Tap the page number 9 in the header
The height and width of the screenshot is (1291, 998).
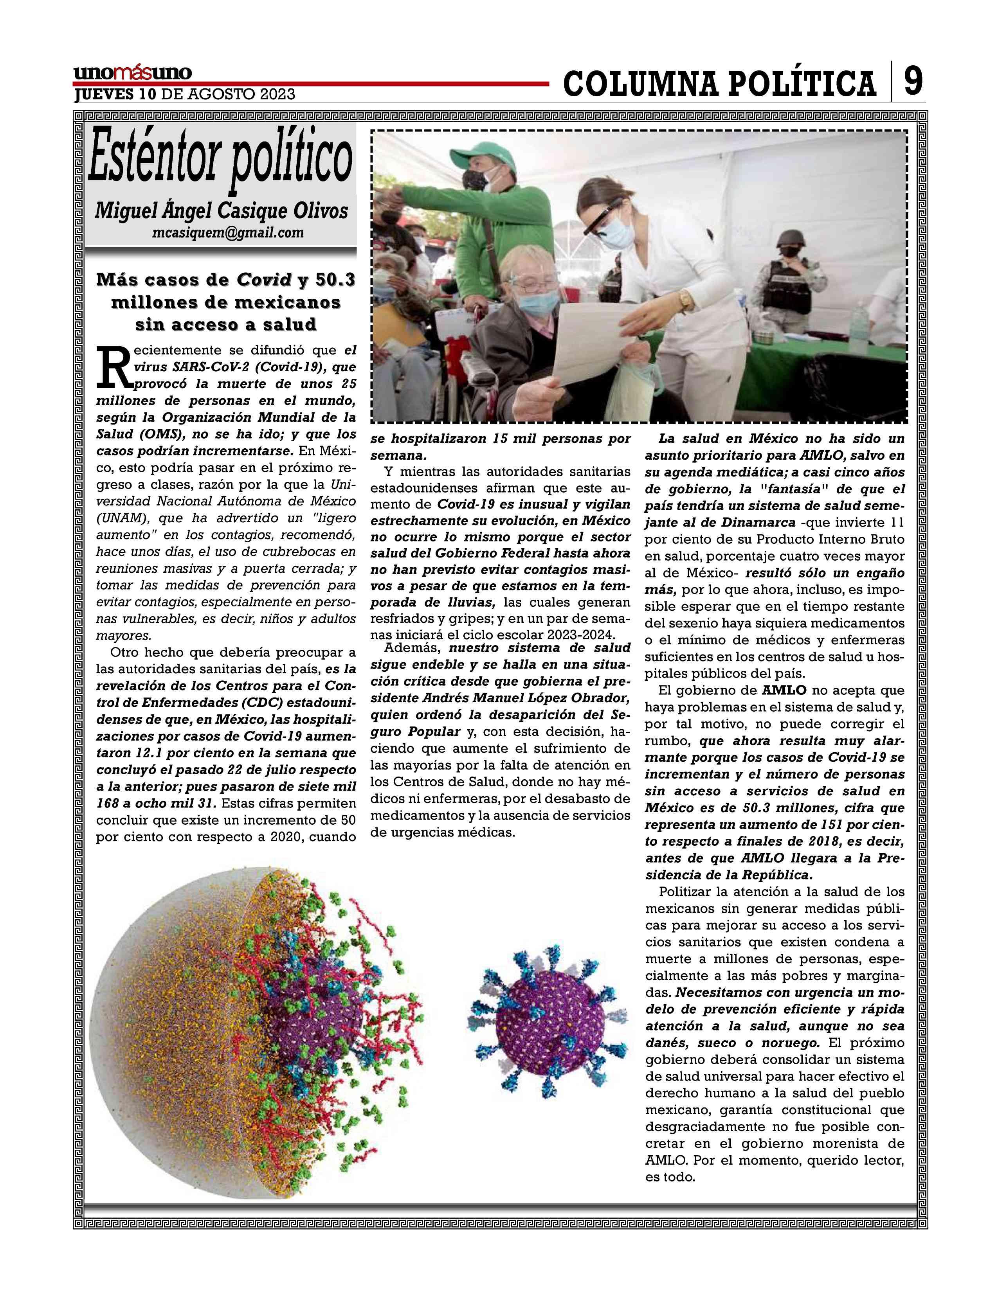[x=912, y=81]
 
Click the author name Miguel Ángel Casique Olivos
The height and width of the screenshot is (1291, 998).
[x=221, y=210]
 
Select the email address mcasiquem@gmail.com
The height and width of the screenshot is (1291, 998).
[x=228, y=232]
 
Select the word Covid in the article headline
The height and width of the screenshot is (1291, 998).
[x=264, y=280]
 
